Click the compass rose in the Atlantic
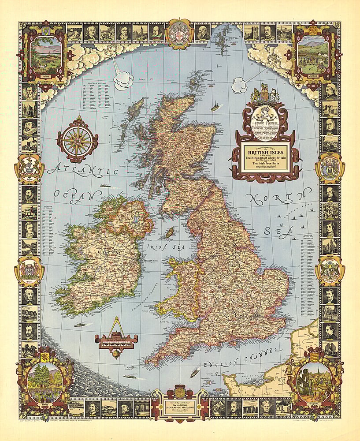pyautogui.click(x=78, y=140)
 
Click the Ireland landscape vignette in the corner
pyautogui.click(x=45, y=55)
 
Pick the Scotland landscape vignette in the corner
pyautogui.click(x=313, y=56)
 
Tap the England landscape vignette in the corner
pyautogui.click(x=314, y=381)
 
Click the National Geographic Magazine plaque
pyautogui.click(x=179, y=403)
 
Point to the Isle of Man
pyautogui.click(x=168, y=232)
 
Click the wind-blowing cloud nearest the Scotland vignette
pyautogui.click(x=240, y=85)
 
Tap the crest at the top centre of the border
pyautogui.click(x=179, y=34)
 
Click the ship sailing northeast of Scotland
pyautogui.click(x=215, y=107)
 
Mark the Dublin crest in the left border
pyautogui.click(x=29, y=269)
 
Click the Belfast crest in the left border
pyautogui.click(x=29, y=168)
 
